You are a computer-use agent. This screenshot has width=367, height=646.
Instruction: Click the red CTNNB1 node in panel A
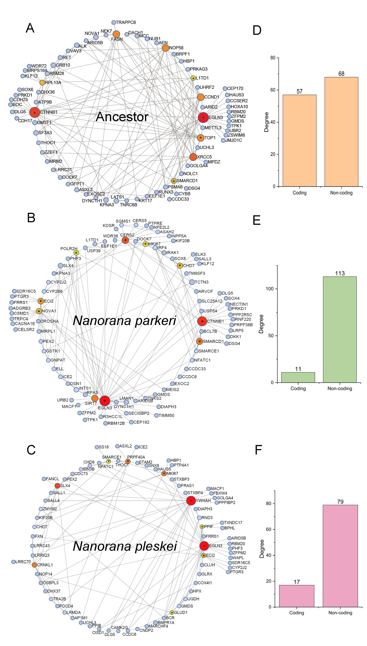[x=35, y=112]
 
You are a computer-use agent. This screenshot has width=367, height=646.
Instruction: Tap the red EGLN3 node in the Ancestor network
[x=203, y=117]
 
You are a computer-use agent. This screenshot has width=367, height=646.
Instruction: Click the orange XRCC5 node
[x=193, y=157]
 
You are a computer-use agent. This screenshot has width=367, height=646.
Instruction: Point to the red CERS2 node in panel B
[x=125, y=240]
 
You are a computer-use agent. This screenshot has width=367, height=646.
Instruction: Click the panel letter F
[x=258, y=450]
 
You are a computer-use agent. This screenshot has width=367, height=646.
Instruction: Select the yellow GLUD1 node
[x=172, y=613]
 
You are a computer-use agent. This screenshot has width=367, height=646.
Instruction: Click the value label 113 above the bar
[x=340, y=273]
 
